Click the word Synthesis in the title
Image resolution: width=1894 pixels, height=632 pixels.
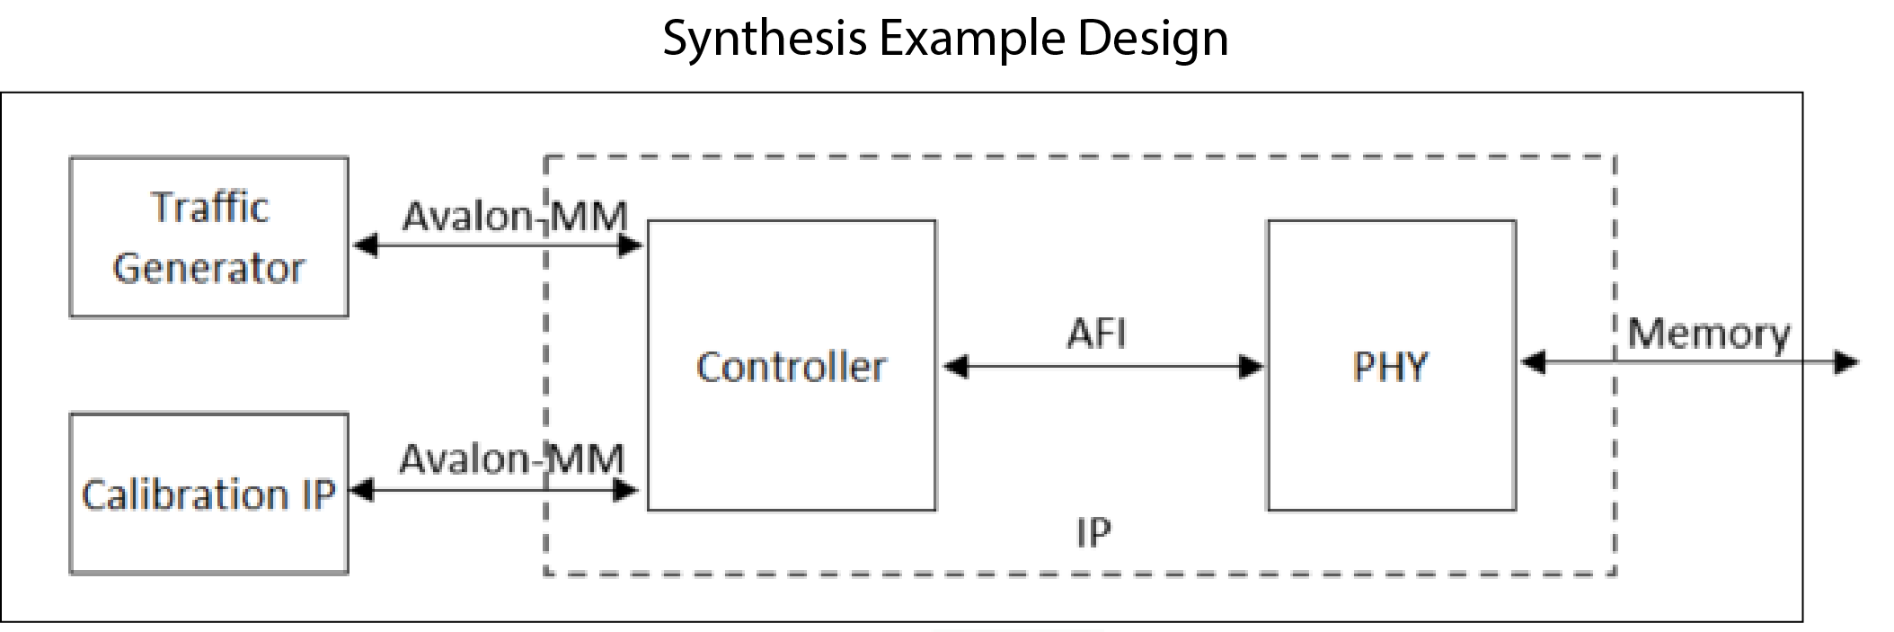[x=765, y=40]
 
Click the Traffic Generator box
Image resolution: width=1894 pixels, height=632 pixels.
[x=208, y=237]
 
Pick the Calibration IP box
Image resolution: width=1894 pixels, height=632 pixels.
[x=208, y=494]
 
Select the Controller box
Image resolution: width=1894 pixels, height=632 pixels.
[x=791, y=366]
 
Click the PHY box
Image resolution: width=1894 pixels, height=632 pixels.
[x=1391, y=366]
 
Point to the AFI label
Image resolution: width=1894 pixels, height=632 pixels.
[x=1096, y=334]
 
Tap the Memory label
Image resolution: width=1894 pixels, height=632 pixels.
[x=1708, y=334]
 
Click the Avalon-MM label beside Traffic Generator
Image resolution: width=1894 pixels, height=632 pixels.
[x=514, y=216]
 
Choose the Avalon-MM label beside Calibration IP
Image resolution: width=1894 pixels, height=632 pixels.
[x=511, y=459]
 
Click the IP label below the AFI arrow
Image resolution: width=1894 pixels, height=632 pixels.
[x=1093, y=533]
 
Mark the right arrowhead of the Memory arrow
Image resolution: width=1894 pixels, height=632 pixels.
[x=1846, y=363]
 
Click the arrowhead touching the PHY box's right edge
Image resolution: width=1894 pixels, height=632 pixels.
[x=1533, y=363]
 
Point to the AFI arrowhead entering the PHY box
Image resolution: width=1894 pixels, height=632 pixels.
[x=1252, y=367]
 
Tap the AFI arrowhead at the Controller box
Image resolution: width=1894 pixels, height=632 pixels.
[x=956, y=367]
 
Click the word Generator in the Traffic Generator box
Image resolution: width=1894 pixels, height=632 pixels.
[x=208, y=269]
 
